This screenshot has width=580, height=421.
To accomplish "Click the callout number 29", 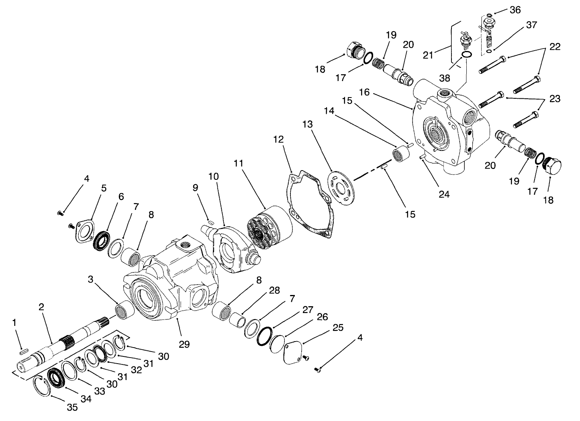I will (184, 344).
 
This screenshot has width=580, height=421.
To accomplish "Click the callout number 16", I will (364, 93).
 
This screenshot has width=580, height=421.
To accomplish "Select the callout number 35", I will (72, 407).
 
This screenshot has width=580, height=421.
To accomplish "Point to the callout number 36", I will (515, 10).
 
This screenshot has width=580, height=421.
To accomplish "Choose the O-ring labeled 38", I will (466, 55).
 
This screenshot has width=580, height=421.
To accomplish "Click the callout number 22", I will (555, 47).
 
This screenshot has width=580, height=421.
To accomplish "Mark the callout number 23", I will (555, 99).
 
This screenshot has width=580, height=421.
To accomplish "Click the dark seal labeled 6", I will (100, 240).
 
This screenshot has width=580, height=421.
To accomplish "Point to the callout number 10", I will (213, 177).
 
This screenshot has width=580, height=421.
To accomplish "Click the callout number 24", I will (444, 194).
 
